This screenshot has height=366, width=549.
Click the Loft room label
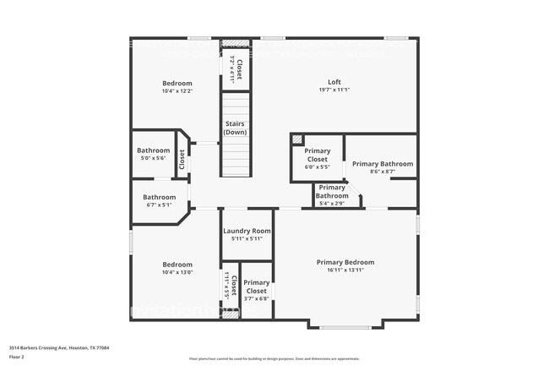[x=334, y=82]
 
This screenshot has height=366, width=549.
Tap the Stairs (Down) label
[x=236, y=128]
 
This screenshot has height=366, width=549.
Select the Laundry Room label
[x=247, y=231]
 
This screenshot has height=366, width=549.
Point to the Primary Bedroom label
[x=345, y=262]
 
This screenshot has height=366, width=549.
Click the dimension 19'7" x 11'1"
[x=334, y=90]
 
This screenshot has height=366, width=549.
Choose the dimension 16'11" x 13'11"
[x=345, y=270]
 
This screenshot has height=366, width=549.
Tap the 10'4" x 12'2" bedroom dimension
[x=177, y=90]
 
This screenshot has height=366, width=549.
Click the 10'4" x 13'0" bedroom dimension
[x=177, y=272]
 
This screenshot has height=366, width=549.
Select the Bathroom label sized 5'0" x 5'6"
[x=154, y=150]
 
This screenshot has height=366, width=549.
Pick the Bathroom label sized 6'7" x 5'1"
[x=160, y=197]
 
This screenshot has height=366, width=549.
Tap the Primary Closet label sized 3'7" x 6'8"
[x=256, y=287]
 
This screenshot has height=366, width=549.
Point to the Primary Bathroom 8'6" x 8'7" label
[x=383, y=164]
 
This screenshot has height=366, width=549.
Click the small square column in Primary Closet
[x=296, y=139]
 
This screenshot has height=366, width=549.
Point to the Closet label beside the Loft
[x=239, y=68]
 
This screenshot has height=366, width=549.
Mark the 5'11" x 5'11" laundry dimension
[x=247, y=239]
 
